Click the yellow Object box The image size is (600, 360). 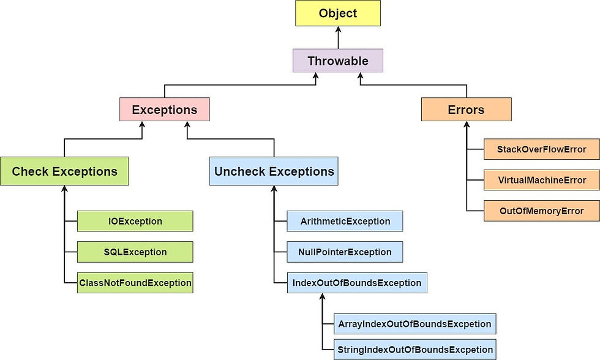pyautogui.click(x=337, y=13)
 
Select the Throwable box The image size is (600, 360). pyautogui.click(x=337, y=61)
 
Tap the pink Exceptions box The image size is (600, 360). pyautogui.click(x=165, y=110)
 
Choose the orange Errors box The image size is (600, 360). pyautogui.click(x=466, y=110)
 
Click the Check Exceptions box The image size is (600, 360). pyautogui.click(x=64, y=171)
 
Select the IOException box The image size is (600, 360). pyautogui.click(x=135, y=221)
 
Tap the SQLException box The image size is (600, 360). pyautogui.click(x=135, y=252)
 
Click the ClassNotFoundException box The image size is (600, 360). pyautogui.click(x=135, y=283)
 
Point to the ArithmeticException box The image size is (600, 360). pyautogui.click(x=345, y=221)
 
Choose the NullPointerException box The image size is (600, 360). pyautogui.click(x=345, y=252)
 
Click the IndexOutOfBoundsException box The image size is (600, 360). pyautogui.click(x=356, y=283)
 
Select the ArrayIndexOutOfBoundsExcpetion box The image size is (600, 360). pyautogui.click(x=414, y=323)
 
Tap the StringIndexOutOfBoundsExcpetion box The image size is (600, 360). pyautogui.click(x=414, y=350)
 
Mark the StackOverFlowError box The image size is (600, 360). pyautogui.click(x=541, y=149)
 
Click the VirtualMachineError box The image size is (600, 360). pyautogui.click(x=541, y=180)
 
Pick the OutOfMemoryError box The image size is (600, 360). pyautogui.click(x=541, y=211)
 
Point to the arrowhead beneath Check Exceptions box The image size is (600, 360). pyautogui.click(x=64, y=189)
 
